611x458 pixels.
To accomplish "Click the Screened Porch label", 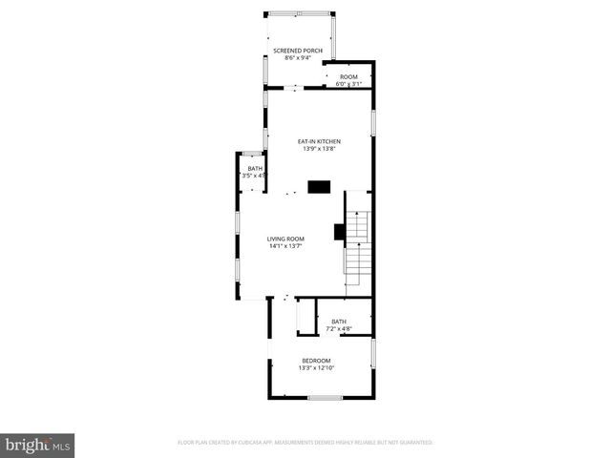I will (x=297, y=50).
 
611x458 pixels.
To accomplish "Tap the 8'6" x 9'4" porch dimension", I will (x=297, y=57).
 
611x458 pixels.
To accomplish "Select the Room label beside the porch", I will (x=348, y=76).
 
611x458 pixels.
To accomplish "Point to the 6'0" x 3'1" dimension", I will (x=348, y=84).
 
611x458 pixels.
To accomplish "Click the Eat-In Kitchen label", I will (x=319, y=141).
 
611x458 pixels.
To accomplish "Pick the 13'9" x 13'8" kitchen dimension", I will (x=319, y=149).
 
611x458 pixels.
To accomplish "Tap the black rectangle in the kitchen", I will (x=318, y=186).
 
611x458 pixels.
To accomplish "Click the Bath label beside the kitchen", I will (x=255, y=169).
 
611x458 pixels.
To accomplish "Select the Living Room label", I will (x=285, y=239).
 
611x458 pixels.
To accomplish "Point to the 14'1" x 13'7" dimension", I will (x=285, y=246).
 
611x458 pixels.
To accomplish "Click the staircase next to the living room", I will (x=356, y=243).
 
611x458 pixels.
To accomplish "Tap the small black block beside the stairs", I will (x=338, y=231).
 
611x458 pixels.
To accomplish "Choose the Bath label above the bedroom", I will (x=339, y=322).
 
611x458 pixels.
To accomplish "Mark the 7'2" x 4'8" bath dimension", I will (x=339, y=329).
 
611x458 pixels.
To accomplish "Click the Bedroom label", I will (x=316, y=360).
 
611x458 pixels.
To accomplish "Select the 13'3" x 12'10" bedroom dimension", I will (x=316, y=367).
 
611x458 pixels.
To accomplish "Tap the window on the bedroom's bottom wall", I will (x=325, y=397).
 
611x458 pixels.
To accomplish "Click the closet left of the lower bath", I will (x=305, y=316).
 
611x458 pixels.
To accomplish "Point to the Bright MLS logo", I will (x=38, y=444).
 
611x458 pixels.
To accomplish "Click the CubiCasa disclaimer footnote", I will (x=305, y=443).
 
